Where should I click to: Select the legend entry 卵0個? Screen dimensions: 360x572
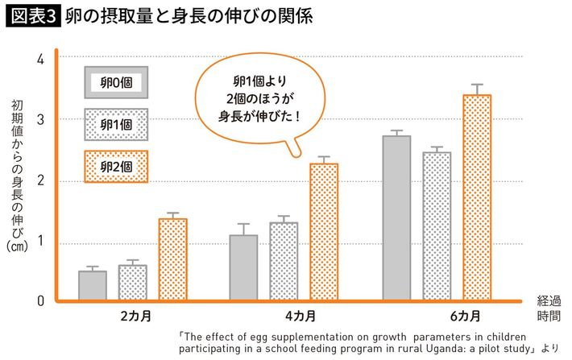pyautogui.click(x=116, y=81)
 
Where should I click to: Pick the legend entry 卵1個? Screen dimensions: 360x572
pyautogui.click(x=116, y=124)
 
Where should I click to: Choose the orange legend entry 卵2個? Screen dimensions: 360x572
pyautogui.click(x=116, y=166)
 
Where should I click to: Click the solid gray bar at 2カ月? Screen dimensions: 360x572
pyautogui.click(x=92, y=286)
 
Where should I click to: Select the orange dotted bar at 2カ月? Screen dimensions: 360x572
pyautogui.click(x=172, y=260)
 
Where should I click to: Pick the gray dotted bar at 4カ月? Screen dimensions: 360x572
pyautogui.click(x=284, y=262)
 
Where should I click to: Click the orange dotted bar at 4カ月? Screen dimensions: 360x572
pyautogui.click(x=324, y=233)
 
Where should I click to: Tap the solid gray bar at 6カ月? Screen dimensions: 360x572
pyautogui.click(x=396, y=218)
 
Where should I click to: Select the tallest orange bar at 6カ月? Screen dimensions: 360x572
pyautogui.click(x=476, y=198)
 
